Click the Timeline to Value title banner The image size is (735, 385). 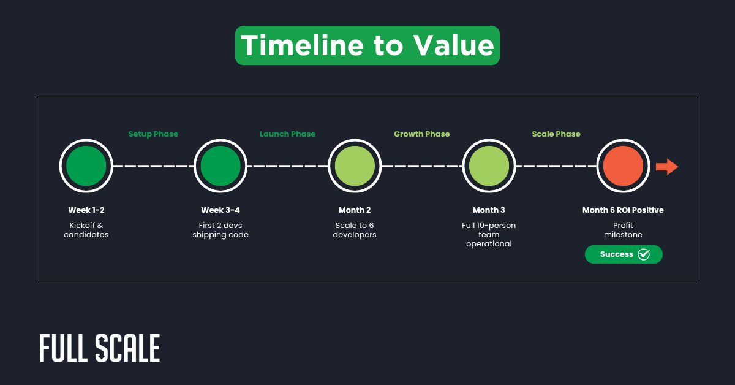tap(367, 45)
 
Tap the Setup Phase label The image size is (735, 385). tap(153, 134)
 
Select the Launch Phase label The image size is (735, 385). tap(287, 134)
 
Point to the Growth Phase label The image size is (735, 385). tap(421, 134)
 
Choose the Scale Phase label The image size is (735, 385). tap(556, 134)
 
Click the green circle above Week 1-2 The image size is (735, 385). tap(86, 166)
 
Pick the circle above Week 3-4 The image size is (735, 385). tap(221, 166)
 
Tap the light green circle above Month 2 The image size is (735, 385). tap(355, 166)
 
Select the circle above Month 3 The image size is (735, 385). tap(489, 166)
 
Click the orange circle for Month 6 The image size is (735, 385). tap(623, 166)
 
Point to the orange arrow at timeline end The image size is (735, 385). tap(667, 166)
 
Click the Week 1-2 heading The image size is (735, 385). tap(86, 210)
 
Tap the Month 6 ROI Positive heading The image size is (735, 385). tap(623, 210)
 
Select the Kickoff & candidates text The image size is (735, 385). tap(86, 230)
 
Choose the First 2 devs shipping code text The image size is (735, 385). tap(221, 230)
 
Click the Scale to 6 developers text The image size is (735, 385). tap(355, 230)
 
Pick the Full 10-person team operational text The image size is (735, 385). tap(489, 235)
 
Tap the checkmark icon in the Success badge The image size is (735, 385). tap(644, 254)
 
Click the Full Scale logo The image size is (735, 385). tap(100, 349)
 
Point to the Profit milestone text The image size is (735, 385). tap(623, 230)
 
